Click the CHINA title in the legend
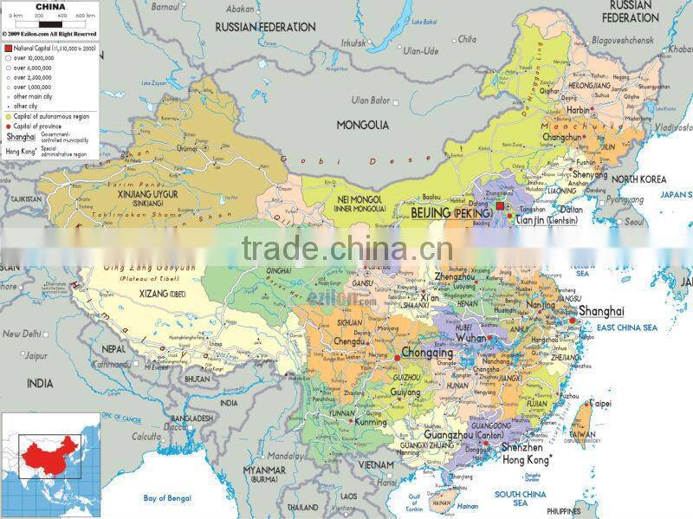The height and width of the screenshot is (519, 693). (49, 6)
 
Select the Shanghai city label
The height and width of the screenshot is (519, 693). (600, 311)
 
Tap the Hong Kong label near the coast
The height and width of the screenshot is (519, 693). (522, 462)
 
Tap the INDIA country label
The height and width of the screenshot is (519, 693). (39, 382)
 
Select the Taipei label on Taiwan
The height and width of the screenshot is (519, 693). (600, 404)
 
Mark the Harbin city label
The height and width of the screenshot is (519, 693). (577, 110)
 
